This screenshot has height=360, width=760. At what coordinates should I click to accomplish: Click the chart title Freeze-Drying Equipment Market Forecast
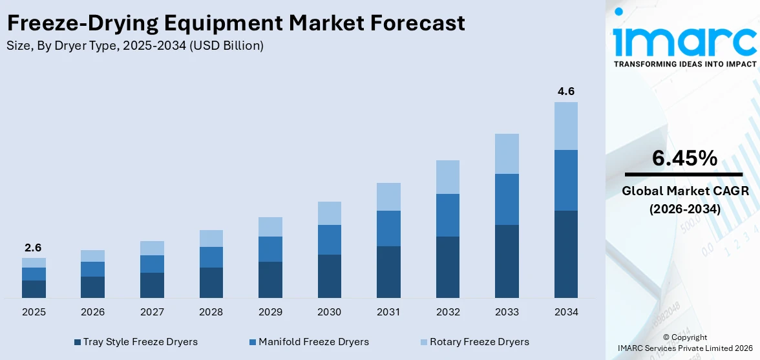(x=236, y=23)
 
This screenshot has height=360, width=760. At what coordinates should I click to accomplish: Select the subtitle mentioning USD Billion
(x=135, y=46)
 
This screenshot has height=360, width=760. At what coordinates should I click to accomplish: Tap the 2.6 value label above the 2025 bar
(x=34, y=248)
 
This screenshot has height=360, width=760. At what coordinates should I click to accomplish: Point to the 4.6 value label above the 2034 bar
(x=565, y=92)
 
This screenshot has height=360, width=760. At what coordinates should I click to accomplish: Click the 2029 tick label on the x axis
(x=270, y=312)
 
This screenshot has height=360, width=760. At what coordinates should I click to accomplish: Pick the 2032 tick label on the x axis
(x=448, y=312)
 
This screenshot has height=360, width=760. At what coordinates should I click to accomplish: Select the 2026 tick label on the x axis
(x=92, y=312)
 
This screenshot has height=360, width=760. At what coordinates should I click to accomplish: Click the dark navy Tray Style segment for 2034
(x=565, y=254)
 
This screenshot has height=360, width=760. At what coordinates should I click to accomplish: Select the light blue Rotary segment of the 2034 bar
(x=565, y=126)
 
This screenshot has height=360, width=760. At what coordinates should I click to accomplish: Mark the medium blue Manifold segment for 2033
(x=507, y=199)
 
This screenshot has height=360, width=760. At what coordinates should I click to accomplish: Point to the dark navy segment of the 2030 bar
(x=330, y=276)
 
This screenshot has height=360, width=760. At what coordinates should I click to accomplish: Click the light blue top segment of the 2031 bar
(x=388, y=196)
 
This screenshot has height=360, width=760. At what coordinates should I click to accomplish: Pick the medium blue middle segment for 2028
(x=211, y=257)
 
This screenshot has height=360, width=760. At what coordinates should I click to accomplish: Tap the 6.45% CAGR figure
(x=684, y=158)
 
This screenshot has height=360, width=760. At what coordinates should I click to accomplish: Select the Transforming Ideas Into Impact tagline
(x=684, y=64)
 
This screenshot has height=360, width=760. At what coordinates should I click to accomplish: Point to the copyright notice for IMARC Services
(x=684, y=343)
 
